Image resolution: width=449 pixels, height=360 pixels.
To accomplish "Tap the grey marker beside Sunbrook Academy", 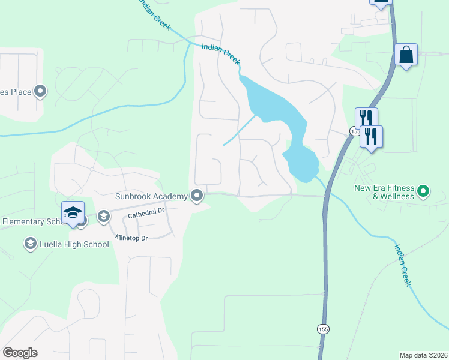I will tap(197, 196).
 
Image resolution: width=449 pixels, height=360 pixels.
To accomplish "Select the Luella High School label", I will tap(74, 244).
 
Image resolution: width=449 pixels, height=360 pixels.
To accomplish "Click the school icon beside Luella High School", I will tap(30, 244).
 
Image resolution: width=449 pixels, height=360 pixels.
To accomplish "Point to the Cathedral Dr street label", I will tap(145, 212).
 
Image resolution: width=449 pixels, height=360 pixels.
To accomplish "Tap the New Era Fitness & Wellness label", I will tap(393, 192).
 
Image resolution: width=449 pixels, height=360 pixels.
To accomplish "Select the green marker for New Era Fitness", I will tap(423, 192).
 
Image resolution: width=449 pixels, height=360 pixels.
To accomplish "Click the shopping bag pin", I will tap(406, 55).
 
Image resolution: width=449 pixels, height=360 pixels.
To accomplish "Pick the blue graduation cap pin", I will tap(73, 212).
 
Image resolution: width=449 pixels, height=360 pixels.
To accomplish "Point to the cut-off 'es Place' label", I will tap(15, 92).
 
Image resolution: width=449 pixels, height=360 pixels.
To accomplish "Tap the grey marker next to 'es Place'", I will tap(41, 91).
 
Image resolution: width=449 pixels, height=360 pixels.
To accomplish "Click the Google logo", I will tap(20, 353).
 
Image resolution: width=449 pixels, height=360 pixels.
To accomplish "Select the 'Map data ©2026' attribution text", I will tap(423, 355).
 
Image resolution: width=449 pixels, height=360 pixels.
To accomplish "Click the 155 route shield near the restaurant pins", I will tap(354, 131).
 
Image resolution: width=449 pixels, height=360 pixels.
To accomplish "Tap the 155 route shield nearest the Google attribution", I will tap(323, 329).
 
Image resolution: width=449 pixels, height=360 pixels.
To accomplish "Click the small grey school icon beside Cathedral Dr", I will tap(104, 216).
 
